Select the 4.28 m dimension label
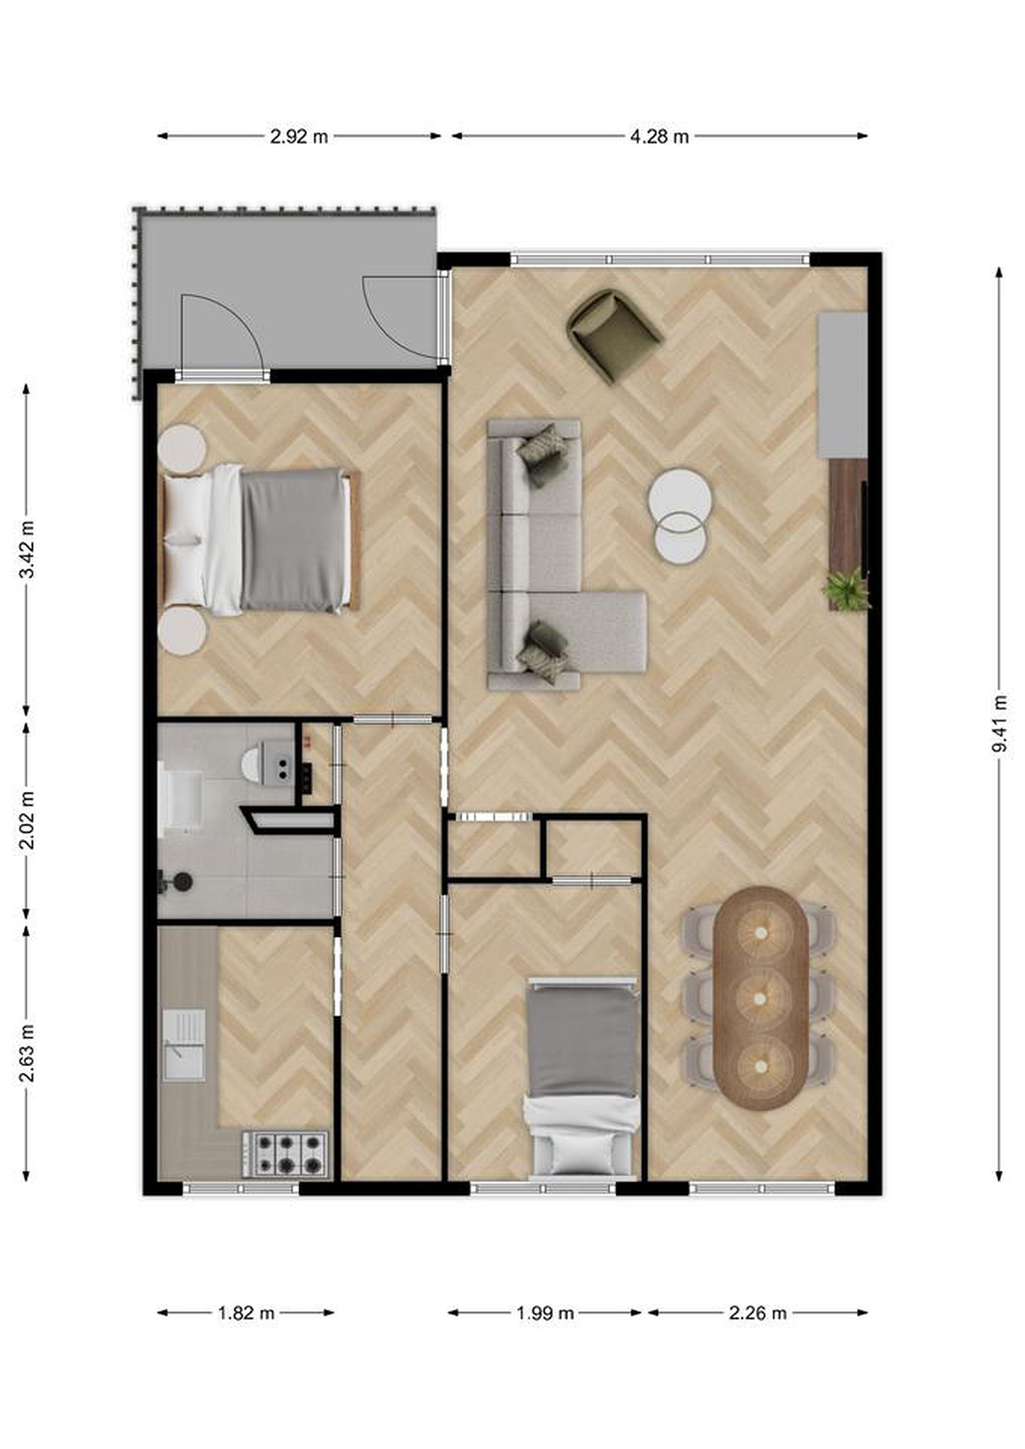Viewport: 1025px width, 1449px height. tap(659, 136)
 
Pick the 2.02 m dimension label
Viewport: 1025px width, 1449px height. tap(27, 820)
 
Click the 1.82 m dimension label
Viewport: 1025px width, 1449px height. tap(246, 1313)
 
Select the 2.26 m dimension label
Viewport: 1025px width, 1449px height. tap(757, 1313)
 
